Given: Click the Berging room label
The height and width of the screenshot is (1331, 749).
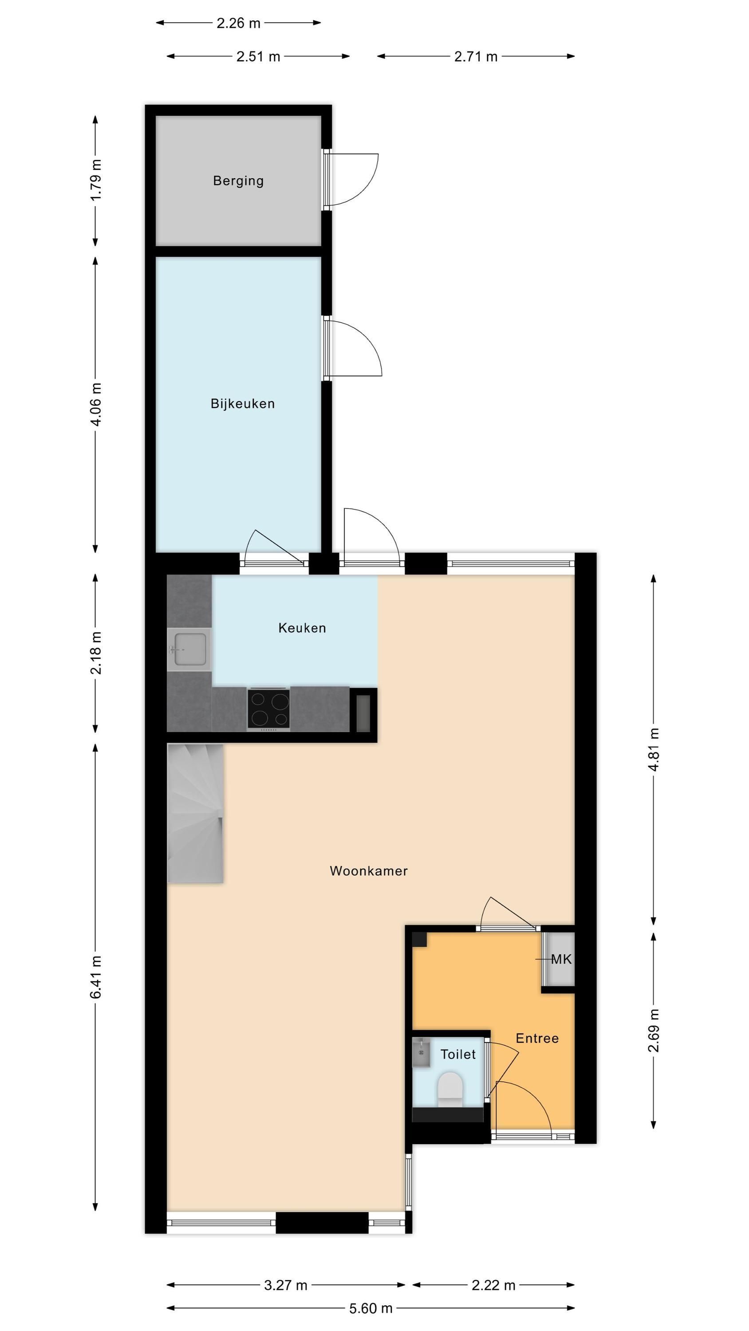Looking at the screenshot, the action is click(238, 181).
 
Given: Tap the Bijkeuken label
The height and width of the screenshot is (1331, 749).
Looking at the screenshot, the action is click(242, 404).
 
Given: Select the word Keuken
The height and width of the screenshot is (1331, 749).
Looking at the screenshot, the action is click(302, 628).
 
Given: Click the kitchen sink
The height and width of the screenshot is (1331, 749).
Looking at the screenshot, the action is click(189, 650).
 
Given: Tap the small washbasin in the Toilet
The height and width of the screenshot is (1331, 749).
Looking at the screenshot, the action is click(421, 1052).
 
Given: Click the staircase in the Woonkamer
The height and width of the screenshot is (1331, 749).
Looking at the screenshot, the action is click(195, 813).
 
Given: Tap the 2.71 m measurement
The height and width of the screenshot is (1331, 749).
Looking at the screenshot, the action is click(476, 56).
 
